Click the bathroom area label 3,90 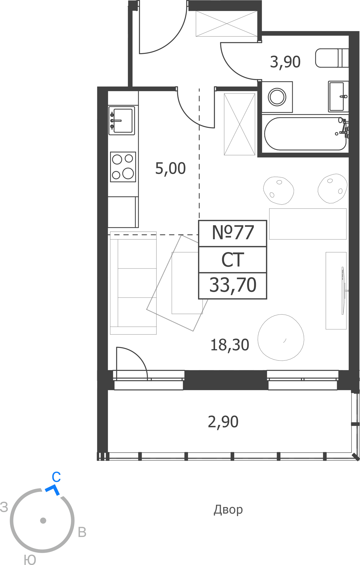pos(285,62)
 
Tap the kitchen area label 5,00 pos(171,169)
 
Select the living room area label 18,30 pos(230,345)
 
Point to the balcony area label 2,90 pos(223,422)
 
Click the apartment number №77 pos(233,232)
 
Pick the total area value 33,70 pos(233,285)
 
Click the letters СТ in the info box pos(233,260)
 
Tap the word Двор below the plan pos(228,510)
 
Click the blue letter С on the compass pos(56,477)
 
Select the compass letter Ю pos(30,560)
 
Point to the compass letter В pos(82,532)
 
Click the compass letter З pos(4,507)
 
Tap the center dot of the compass pos(43,520)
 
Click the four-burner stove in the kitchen pos(123,167)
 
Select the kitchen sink pos(122,121)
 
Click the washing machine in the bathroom pos(277,97)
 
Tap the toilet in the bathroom pos(332,58)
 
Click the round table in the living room pos(281,338)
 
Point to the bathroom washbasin pos(338,96)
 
